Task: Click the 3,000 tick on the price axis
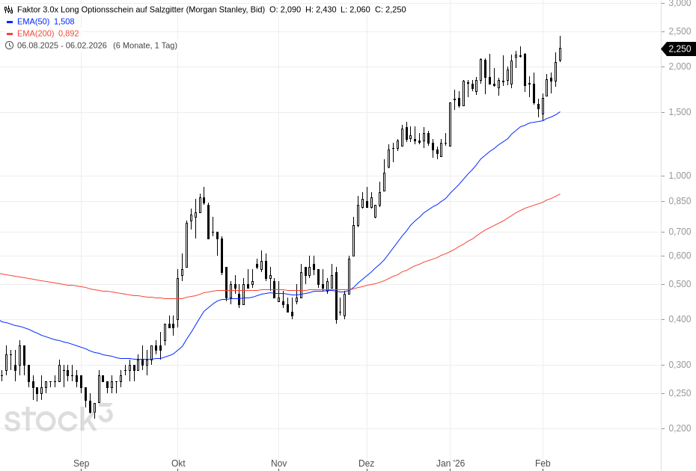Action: click(680, 3)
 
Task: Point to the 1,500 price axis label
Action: click(680, 112)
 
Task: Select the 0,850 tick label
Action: click(680, 201)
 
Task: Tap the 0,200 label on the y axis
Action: click(680, 428)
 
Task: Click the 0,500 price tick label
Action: click(680, 284)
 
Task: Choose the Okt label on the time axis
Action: click(178, 464)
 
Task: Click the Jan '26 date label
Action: click(451, 464)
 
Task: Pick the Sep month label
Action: click(82, 464)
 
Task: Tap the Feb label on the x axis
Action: click(543, 464)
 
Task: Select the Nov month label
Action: click(278, 464)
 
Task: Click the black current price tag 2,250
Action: click(679, 49)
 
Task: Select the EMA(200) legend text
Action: click(35, 34)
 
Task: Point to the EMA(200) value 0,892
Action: click(68, 34)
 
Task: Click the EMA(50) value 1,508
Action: click(64, 22)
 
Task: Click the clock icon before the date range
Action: click(9, 46)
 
